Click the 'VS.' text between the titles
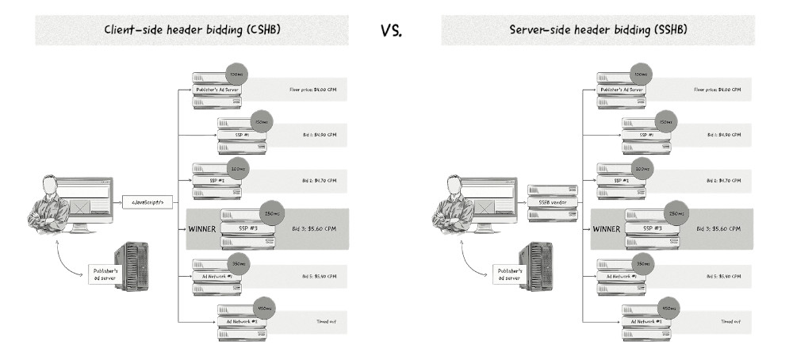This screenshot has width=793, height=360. (393, 30)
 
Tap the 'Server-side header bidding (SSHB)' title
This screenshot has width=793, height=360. (598, 30)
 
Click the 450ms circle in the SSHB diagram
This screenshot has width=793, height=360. (668, 308)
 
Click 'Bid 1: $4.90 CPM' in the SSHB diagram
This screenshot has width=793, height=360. (723, 136)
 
